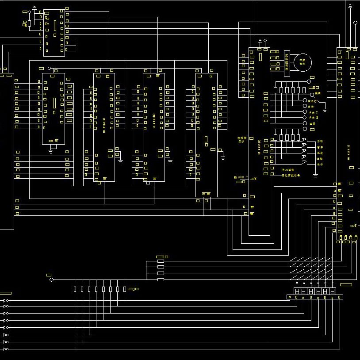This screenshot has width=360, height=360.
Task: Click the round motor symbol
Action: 303,62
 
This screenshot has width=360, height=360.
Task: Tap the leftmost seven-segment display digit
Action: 297,291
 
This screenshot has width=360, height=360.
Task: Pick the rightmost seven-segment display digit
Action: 332,291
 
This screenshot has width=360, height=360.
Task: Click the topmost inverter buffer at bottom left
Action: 6,301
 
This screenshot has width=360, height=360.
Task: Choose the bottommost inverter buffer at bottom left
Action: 6,349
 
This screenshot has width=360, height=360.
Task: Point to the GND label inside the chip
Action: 51,140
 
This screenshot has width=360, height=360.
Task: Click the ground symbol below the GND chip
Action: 51,150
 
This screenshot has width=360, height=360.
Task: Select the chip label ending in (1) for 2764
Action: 104,123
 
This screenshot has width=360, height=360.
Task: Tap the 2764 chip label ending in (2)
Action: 154,123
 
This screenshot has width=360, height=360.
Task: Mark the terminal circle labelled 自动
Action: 305,107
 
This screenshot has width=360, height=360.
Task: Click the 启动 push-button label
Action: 320,141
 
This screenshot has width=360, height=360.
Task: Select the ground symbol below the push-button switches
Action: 315,175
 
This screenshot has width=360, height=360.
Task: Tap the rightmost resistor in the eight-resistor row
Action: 125,289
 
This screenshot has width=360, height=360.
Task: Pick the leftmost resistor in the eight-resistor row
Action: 75,289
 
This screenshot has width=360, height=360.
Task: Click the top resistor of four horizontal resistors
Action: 161,261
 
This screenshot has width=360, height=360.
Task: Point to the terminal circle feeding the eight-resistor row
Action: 51,280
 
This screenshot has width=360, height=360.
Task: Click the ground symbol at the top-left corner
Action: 34,8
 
